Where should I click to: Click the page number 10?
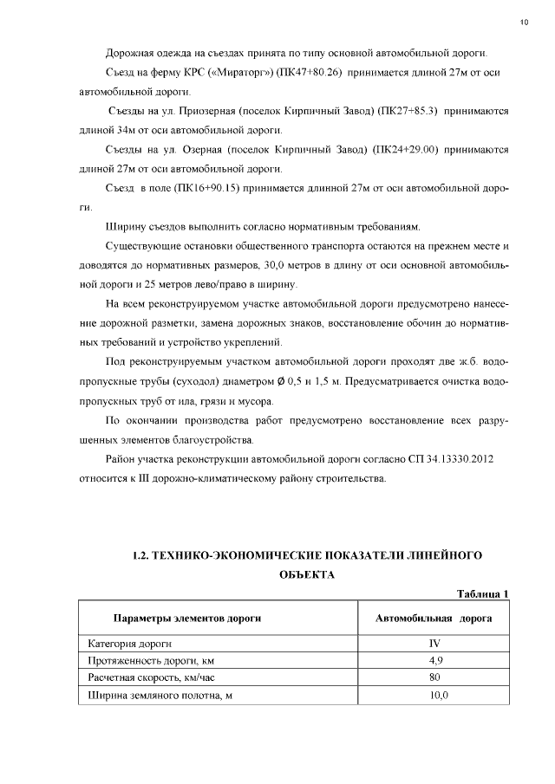[525, 21]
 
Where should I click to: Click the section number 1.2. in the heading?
[140, 554]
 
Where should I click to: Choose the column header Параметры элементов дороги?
[187, 619]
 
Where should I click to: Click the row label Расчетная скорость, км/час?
[152, 678]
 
